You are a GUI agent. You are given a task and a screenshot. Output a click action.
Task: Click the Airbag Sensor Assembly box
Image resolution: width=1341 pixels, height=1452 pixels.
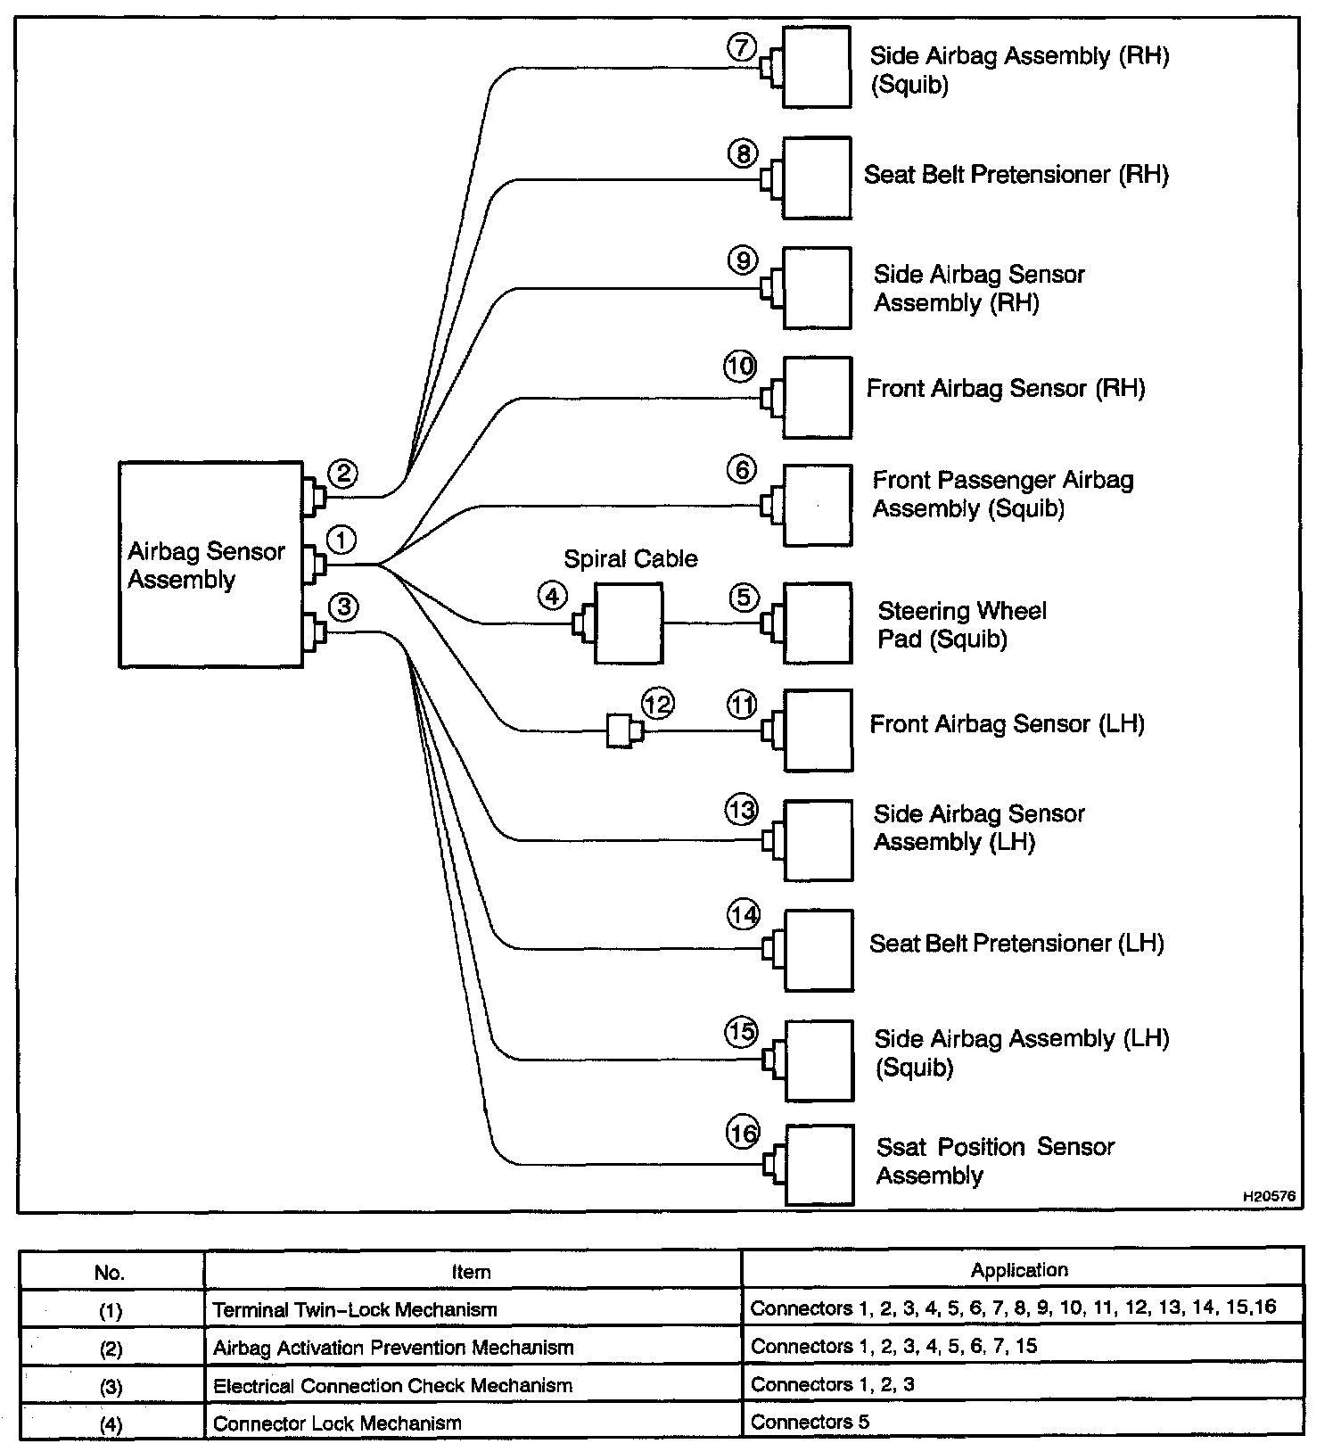(x=210, y=564)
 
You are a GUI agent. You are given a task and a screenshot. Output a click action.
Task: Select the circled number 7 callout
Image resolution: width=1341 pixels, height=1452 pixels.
(x=742, y=46)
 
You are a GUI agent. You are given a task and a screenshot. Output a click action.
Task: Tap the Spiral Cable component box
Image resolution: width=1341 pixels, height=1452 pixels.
(x=629, y=623)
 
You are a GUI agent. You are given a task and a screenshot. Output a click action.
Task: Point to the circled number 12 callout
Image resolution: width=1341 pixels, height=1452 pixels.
(x=658, y=704)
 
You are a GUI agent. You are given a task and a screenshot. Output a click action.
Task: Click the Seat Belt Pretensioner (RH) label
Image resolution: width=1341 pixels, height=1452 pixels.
(x=1016, y=175)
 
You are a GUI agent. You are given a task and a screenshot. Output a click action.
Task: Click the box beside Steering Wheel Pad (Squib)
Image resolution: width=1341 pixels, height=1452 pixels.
(x=817, y=623)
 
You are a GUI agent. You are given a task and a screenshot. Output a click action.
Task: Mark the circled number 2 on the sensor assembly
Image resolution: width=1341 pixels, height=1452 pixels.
(x=343, y=473)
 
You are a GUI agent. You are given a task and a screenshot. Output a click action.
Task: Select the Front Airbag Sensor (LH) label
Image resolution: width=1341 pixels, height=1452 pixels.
(x=1007, y=723)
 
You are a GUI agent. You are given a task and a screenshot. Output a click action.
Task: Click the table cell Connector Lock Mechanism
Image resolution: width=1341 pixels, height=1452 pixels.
(x=337, y=1423)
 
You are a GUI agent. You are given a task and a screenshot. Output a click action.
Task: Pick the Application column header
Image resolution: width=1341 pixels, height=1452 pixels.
(x=1019, y=1270)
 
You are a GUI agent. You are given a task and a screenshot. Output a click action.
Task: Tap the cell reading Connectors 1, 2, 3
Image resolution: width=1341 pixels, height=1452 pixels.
(x=832, y=1384)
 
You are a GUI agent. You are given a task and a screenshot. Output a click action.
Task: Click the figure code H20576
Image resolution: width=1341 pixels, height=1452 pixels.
(x=1269, y=1197)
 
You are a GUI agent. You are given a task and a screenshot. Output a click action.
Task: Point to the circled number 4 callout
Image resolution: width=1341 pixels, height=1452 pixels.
(x=552, y=595)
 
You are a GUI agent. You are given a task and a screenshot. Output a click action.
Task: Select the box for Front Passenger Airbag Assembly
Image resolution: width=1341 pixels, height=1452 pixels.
(x=817, y=505)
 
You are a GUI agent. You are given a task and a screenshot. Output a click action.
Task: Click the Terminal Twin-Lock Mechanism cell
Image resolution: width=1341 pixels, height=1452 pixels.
(x=355, y=1309)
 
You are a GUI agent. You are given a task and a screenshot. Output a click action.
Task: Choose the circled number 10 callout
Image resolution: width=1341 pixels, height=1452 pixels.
(x=740, y=366)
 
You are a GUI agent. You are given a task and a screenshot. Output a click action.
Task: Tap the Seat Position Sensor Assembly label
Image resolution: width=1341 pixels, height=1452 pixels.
(x=994, y=1160)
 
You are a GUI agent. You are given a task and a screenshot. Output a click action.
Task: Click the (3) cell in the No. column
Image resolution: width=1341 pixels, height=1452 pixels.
(x=111, y=1386)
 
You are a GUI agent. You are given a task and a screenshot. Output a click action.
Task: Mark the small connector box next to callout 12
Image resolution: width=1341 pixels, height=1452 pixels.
(x=619, y=730)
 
